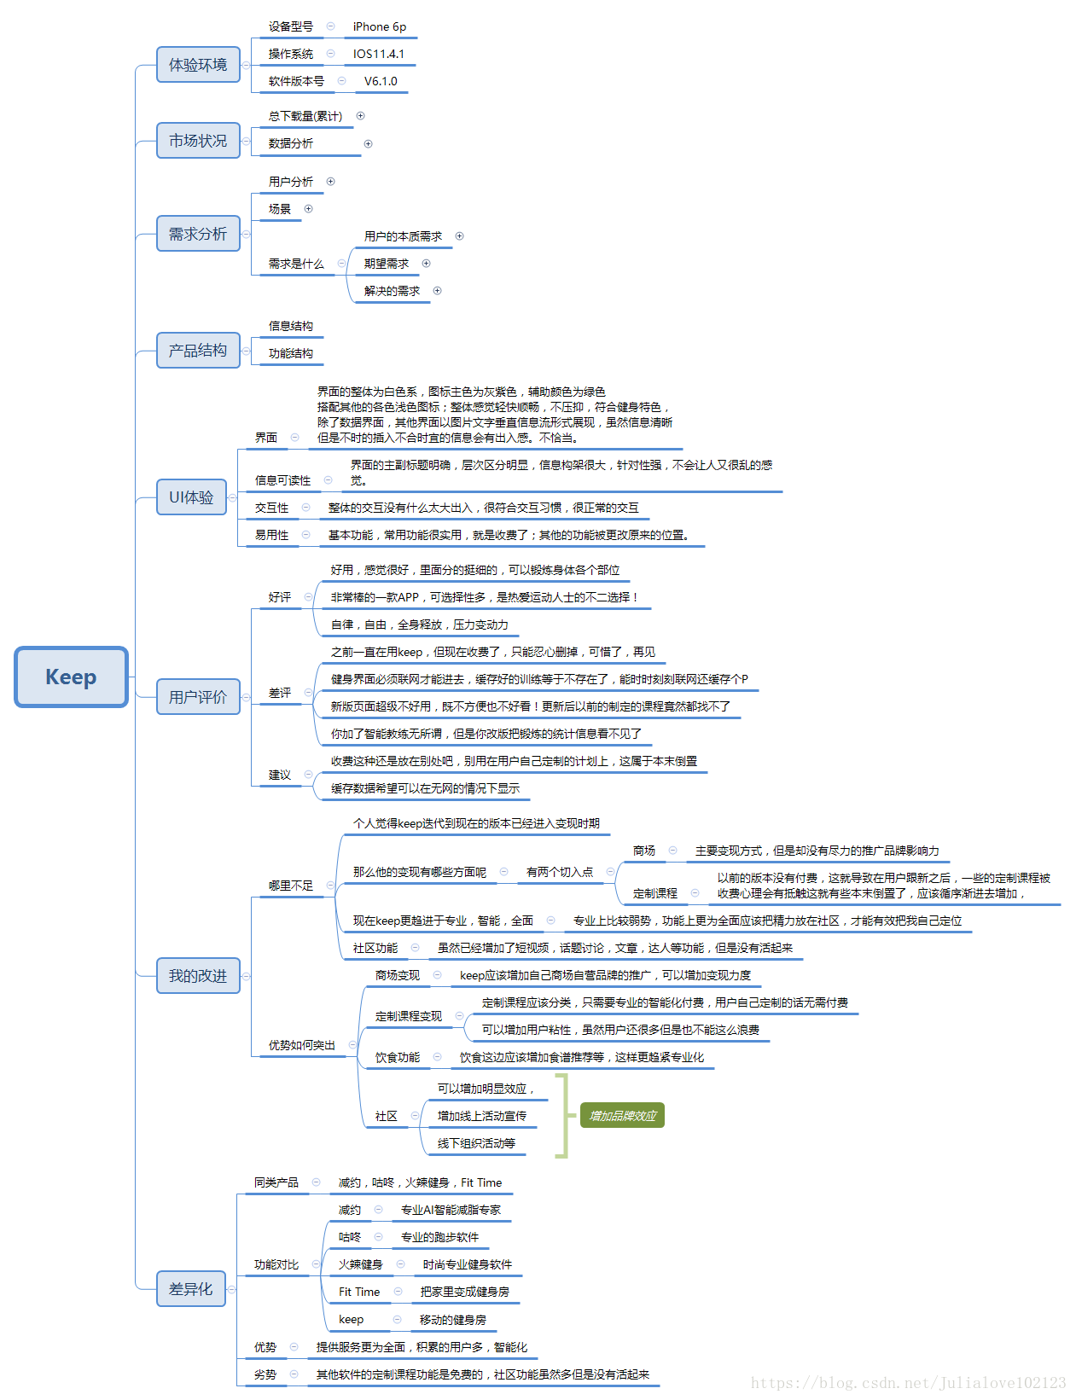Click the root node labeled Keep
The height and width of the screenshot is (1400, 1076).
point(71,677)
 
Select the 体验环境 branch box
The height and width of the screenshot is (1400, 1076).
point(198,65)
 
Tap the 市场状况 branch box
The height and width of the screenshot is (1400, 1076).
point(198,141)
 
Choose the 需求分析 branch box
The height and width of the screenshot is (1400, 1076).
point(198,234)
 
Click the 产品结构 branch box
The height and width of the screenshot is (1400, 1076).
point(198,351)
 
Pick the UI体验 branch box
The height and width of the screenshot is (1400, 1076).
point(191,497)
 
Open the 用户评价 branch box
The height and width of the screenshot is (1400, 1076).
point(198,697)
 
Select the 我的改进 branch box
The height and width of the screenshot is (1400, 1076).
point(198,976)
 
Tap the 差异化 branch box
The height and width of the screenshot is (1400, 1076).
point(191,1289)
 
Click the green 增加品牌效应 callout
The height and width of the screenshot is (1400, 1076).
point(622,1116)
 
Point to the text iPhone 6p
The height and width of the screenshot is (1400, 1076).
point(380,26)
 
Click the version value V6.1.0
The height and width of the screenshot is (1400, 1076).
point(381,81)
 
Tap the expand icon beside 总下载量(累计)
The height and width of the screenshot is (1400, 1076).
point(360,116)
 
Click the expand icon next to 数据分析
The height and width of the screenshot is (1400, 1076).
point(368,143)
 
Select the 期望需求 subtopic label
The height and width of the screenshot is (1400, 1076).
point(387,264)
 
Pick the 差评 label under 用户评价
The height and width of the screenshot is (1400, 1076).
point(280,693)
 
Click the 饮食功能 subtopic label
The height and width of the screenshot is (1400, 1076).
point(398,1057)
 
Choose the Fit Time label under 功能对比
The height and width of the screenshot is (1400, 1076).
point(359,1292)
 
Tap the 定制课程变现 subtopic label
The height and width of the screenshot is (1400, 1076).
point(409,1016)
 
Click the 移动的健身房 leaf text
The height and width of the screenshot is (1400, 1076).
point(453,1320)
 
